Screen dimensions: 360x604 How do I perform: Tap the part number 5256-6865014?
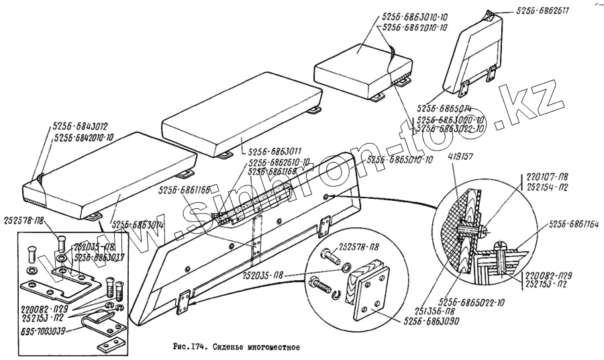pos(444,107)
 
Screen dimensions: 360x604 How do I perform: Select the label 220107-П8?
pos(542,179)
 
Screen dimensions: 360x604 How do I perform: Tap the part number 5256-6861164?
pos(573,224)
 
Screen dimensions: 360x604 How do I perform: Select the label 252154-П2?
pos(542,189)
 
